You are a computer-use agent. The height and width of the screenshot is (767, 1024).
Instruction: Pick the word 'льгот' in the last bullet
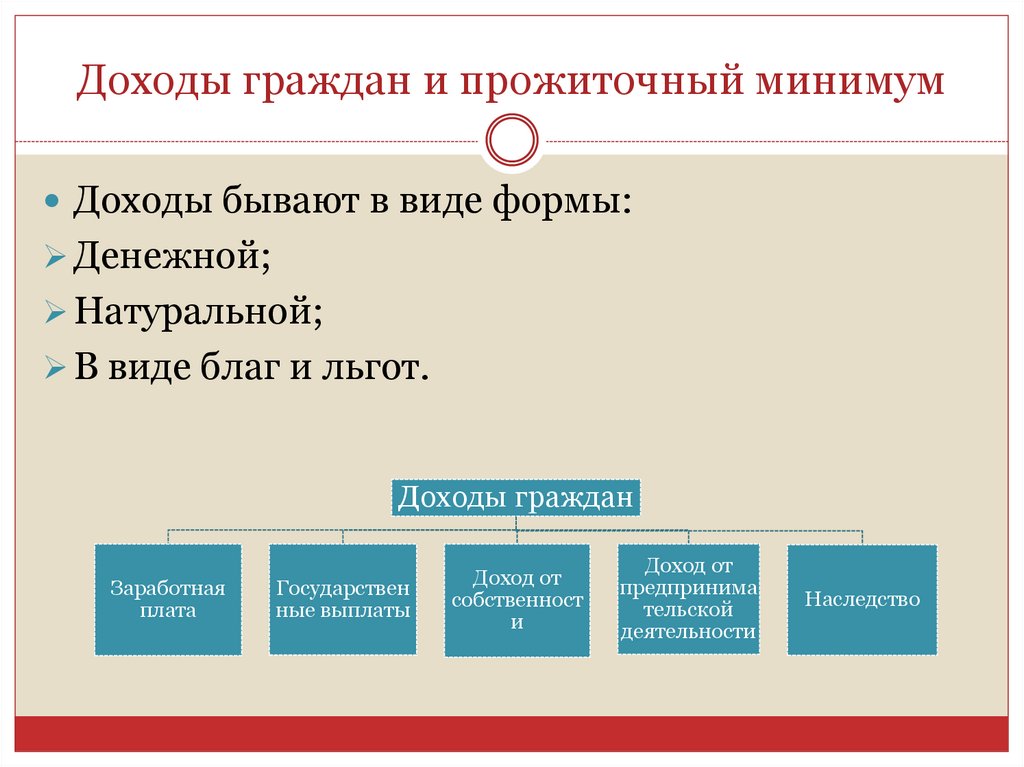379,369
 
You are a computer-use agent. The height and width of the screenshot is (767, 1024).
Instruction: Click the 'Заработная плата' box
168,599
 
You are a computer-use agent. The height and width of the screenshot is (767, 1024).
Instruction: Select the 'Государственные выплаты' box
343,599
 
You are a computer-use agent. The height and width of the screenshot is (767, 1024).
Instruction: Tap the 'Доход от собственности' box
517,600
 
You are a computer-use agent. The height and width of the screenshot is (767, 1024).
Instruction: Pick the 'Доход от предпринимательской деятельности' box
688,599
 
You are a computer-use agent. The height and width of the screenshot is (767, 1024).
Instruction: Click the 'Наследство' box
862,599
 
